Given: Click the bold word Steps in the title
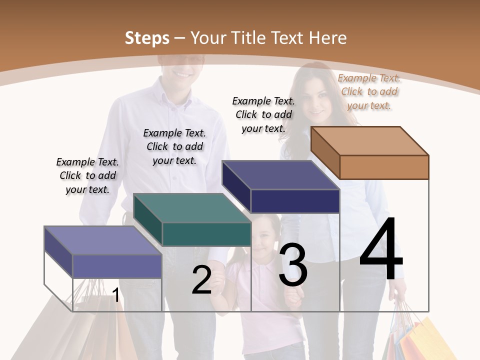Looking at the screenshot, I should point(147,38).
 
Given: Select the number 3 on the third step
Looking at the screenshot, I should point(293,265).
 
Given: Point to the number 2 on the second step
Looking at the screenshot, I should point(202,280).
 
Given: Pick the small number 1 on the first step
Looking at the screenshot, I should point(116,295).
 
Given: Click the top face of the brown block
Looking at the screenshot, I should point(369,141).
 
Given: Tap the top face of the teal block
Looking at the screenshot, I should point(191,208).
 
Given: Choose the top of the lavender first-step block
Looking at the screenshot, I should point(102,240).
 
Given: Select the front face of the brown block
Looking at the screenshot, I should point(384,167).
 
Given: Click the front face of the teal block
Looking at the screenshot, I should point(206,234).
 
